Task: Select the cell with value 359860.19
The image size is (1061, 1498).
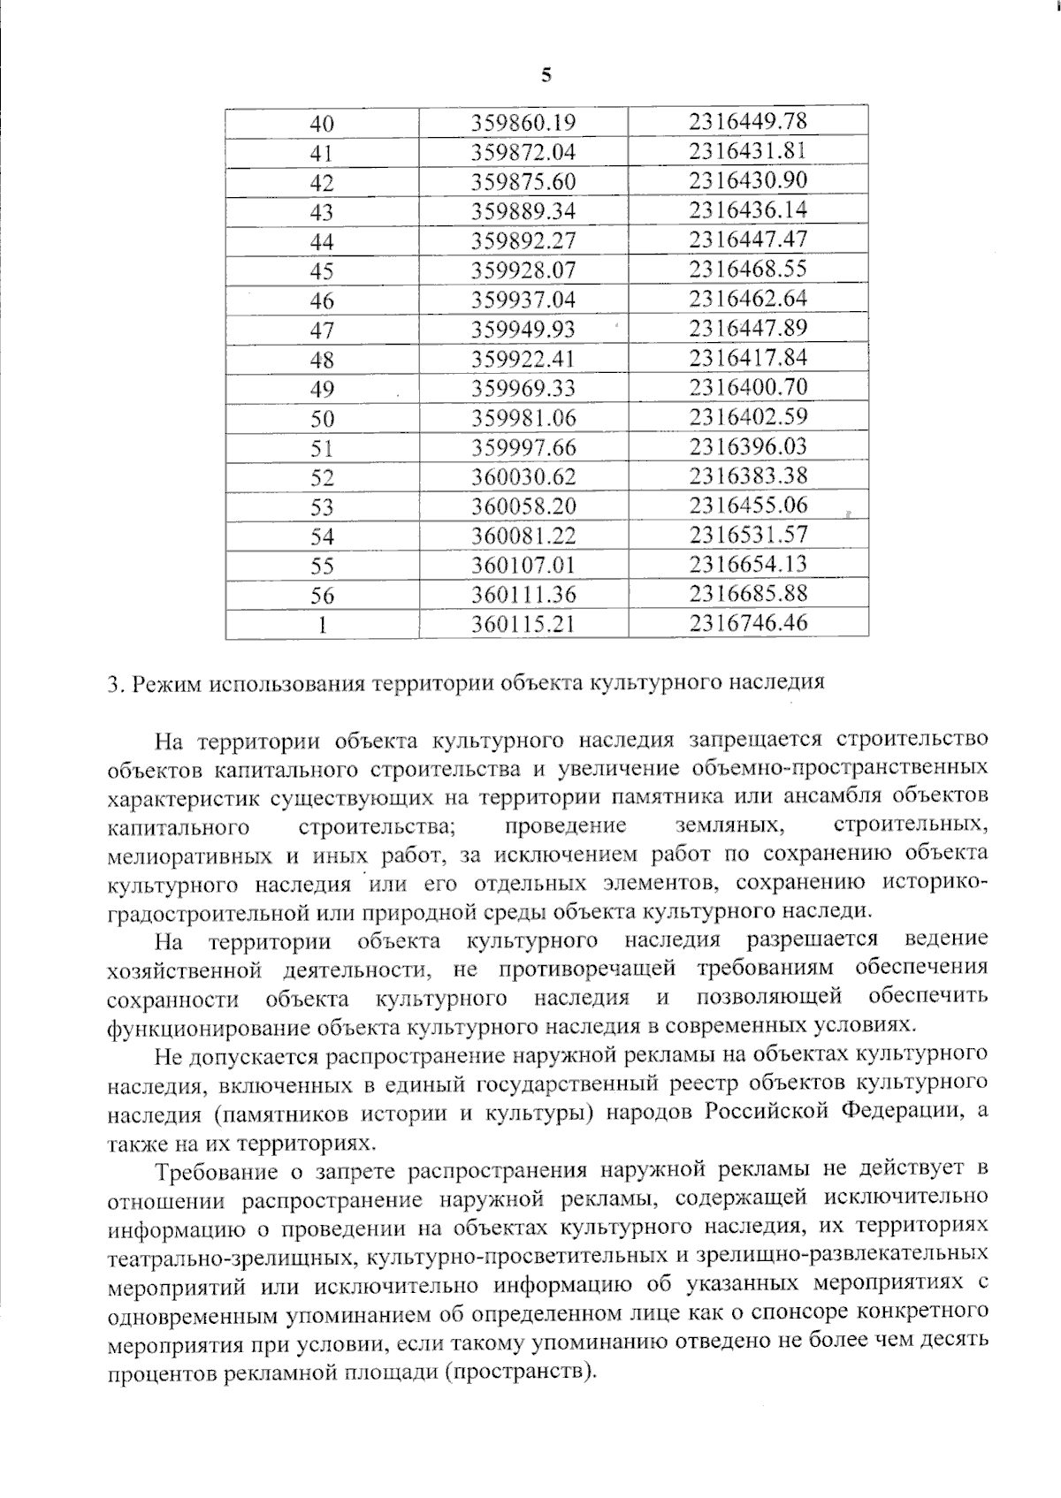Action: click(523, 122)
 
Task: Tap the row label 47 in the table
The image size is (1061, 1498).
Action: click(322, 330)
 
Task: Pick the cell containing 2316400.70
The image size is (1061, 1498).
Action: click(748, 387)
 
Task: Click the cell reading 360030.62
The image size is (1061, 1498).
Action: click(523, 477)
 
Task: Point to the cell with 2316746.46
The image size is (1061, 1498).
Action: click(748, 623)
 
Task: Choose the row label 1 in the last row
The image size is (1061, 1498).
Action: click(323, 625)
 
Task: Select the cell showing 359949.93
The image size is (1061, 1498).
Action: click(523, 330)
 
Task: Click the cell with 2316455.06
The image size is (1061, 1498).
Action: click(748, 506)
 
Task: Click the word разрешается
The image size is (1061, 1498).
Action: click(812, 939)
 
